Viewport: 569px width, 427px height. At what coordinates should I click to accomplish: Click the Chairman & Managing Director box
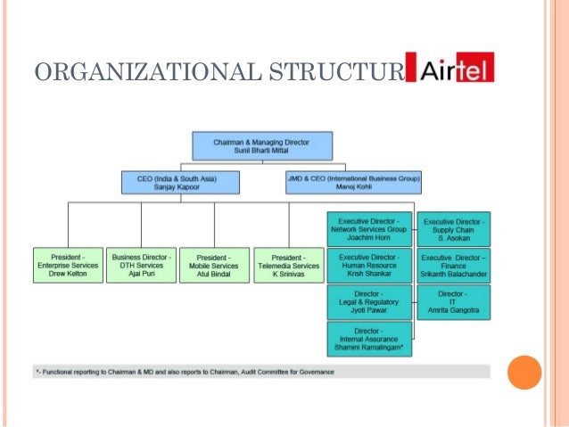pos(262,146)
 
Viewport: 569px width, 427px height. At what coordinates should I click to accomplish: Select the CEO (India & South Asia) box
pos(181,183)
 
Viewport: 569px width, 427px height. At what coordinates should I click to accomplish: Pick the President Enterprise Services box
pos(68,266)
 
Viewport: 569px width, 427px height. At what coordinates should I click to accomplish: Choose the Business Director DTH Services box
pos(141,266)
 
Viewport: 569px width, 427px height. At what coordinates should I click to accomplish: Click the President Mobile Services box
pos(214,266)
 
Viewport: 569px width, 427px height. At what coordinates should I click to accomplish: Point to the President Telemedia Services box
pos(288,266)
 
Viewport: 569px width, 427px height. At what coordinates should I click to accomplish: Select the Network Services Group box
pos(368,229)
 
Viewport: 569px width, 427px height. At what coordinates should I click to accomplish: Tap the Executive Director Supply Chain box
pos(455,229)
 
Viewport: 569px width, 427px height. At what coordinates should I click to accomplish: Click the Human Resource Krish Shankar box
pos(368,266)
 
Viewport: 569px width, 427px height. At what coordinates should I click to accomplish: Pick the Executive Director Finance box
pos(455,266)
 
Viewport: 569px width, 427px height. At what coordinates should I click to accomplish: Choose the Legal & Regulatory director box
pos(368,302)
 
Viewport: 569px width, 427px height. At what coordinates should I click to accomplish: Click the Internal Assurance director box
pos(370,339)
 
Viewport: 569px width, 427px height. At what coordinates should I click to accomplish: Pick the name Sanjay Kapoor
pos(181,189)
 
